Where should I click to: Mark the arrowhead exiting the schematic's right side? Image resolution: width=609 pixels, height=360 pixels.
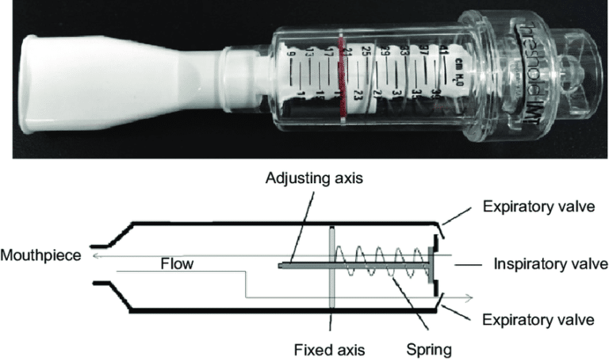[470, 298]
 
